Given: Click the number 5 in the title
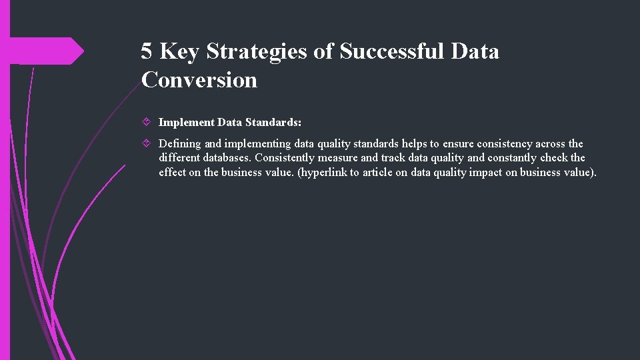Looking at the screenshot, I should pyautogui.click(x=147, y=51).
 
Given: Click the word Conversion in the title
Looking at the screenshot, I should pyautogui.click(x=199, y=80).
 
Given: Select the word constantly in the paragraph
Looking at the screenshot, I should pyautogui.click(x=512, y=158).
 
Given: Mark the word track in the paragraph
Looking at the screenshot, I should pyautogui.click(x=393, y=158).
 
